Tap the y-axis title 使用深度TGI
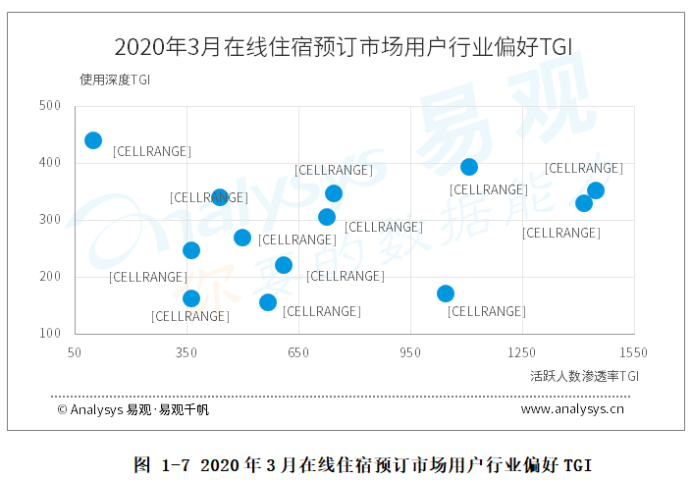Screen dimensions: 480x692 coord(115,79)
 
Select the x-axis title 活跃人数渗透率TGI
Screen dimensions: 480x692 coord(584,375)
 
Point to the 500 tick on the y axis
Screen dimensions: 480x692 coord(50,106)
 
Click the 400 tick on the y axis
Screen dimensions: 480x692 coord(50,163)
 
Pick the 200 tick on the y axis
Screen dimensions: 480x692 coord(50,277)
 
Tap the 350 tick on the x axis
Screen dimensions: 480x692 coord(186,351)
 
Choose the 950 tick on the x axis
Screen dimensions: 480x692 coord(410,351)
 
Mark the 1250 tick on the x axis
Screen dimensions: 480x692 coord(521,351)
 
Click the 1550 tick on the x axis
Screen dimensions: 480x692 coord(633,351)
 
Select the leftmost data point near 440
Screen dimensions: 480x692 coord(93,140)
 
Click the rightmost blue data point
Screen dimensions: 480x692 coord(596,190)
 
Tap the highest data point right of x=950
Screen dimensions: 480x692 coord(469,167)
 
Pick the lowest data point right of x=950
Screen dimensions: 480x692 coord(446,293)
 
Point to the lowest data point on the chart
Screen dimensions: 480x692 coord(268,302)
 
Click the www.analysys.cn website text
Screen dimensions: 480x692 coord(572,409)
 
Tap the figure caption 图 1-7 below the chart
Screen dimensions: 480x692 coord(363,464)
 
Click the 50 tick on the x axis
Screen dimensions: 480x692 coord(74,351)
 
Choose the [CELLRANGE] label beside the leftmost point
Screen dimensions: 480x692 coord(152,151)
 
